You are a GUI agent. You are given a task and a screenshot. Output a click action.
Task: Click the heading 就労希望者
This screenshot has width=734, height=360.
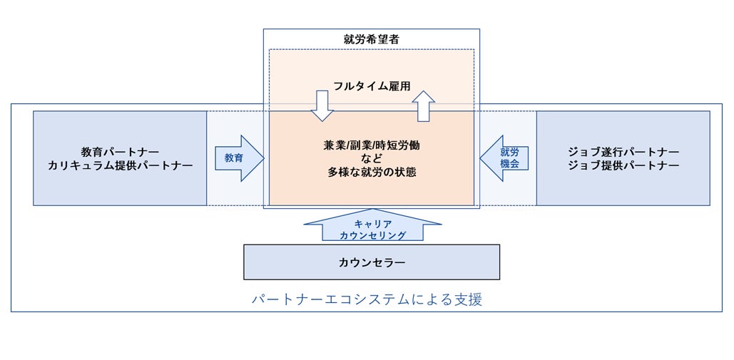371,39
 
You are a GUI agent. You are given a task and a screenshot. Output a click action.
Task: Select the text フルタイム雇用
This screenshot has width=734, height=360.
371,86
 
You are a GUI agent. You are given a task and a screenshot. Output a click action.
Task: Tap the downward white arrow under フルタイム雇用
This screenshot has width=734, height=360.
322,106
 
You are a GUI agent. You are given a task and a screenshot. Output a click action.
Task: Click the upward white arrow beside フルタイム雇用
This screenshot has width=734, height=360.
423,106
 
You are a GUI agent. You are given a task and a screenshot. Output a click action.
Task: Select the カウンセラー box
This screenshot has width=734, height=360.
372,262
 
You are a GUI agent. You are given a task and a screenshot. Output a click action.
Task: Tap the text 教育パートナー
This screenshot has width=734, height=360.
120,152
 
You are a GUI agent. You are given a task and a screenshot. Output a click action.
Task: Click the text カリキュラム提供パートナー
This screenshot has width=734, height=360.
120,165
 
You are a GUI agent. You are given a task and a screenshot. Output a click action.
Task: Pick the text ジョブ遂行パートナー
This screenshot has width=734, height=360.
623,152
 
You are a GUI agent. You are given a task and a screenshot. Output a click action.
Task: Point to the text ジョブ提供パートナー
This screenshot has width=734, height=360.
623,165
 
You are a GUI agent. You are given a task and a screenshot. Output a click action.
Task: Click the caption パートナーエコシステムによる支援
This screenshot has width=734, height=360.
367,299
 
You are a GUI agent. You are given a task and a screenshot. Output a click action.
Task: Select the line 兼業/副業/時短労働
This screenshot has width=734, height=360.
371,145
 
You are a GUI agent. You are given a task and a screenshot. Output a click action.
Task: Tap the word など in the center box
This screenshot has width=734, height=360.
371,158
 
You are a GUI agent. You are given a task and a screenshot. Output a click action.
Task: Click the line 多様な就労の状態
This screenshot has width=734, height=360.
371,171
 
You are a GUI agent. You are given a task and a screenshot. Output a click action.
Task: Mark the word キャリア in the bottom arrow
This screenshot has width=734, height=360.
372,224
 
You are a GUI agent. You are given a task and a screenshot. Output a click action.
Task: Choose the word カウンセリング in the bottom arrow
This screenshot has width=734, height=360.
372,235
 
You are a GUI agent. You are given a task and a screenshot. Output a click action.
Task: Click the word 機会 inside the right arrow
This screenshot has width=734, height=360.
509,164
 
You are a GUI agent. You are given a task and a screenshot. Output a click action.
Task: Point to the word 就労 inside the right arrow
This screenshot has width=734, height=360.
509,152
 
